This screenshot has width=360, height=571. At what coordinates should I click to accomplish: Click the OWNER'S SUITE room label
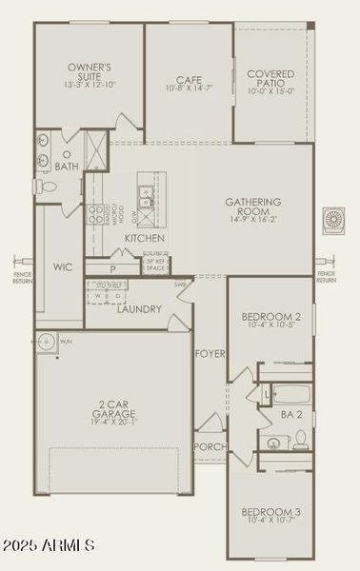[90, 74]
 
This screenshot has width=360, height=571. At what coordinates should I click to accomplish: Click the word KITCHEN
[144, 237]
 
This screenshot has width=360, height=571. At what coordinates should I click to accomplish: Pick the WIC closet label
[64, 267]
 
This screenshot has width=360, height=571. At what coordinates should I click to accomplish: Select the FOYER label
[210, 354]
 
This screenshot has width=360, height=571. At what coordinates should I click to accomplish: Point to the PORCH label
[209, 446]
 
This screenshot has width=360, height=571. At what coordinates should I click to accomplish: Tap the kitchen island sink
[146, 198]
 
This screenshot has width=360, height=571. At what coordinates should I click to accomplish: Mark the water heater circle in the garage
[49, 343]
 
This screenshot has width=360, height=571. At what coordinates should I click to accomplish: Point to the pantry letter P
[112, 269]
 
